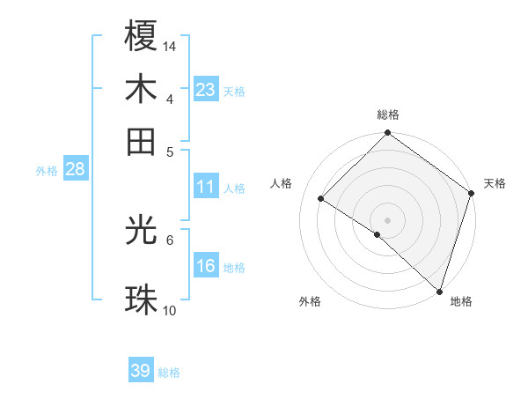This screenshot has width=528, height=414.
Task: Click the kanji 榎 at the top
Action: [142, 36]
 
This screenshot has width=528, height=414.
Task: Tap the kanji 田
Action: [142, 142]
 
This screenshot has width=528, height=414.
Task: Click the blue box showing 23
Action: [206, 89]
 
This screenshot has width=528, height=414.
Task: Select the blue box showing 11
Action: [206, 187]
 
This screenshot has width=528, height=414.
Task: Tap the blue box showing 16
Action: [206, 266]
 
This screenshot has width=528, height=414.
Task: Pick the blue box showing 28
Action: [75, 169]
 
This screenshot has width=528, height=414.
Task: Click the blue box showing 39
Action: [141, 371]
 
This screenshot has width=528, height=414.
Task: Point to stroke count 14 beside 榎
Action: [171, 45]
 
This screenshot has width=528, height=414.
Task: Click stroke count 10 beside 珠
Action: [171, 310]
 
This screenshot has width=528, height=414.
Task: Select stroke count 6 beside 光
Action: [170, 239]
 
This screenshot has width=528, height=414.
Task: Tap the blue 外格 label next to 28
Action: [47, 171]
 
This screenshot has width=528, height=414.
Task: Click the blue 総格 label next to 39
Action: [169, 373]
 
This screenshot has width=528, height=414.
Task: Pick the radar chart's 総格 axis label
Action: [388, 115]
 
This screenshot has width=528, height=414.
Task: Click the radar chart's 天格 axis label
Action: [495, 183]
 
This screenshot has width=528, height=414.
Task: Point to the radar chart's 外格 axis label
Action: [310, 301]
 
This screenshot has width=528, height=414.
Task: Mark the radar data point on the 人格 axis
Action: [321, 198]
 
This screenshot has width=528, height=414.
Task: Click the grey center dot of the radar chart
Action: [387, 219]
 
